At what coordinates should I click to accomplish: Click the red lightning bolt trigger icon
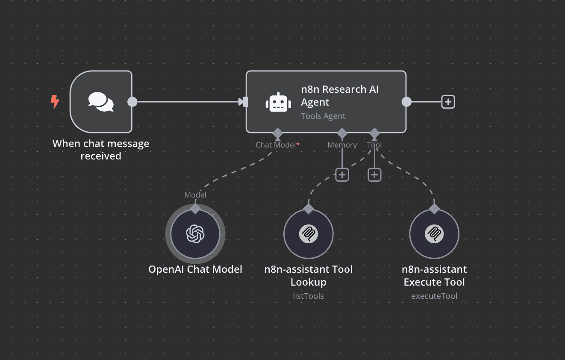[55, 102]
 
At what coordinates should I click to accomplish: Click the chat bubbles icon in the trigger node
[101, 102]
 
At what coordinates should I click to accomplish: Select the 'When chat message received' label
[101, 150]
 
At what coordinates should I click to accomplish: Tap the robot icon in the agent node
[278, 102]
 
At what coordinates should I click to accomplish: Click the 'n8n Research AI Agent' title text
[339, 96]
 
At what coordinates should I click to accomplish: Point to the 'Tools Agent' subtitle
[323, 116]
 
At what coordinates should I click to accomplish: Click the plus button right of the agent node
[447, 102]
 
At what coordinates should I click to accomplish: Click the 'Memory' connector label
[342, 145]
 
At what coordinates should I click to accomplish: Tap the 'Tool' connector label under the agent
[374, 145]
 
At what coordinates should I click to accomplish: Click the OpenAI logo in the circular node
[195, 234]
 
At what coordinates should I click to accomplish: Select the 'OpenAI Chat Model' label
[195, 269]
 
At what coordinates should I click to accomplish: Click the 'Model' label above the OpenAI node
[195, 195]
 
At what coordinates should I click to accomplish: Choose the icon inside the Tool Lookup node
[308, 234]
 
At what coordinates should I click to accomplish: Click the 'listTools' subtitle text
[308, 296]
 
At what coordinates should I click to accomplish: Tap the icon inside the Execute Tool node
[434, 234]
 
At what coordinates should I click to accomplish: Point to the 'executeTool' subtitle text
[434, 296]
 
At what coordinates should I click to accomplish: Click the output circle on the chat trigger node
[132, 102]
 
